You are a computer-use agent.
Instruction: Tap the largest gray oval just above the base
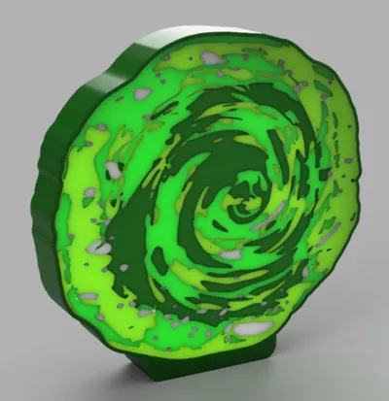[x=251, y=328]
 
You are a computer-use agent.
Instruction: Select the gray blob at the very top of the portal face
[x=210, y=58]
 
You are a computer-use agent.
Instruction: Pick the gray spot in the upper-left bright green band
[x=143, y=94]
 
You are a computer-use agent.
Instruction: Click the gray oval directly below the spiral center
[x=230, y=254]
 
